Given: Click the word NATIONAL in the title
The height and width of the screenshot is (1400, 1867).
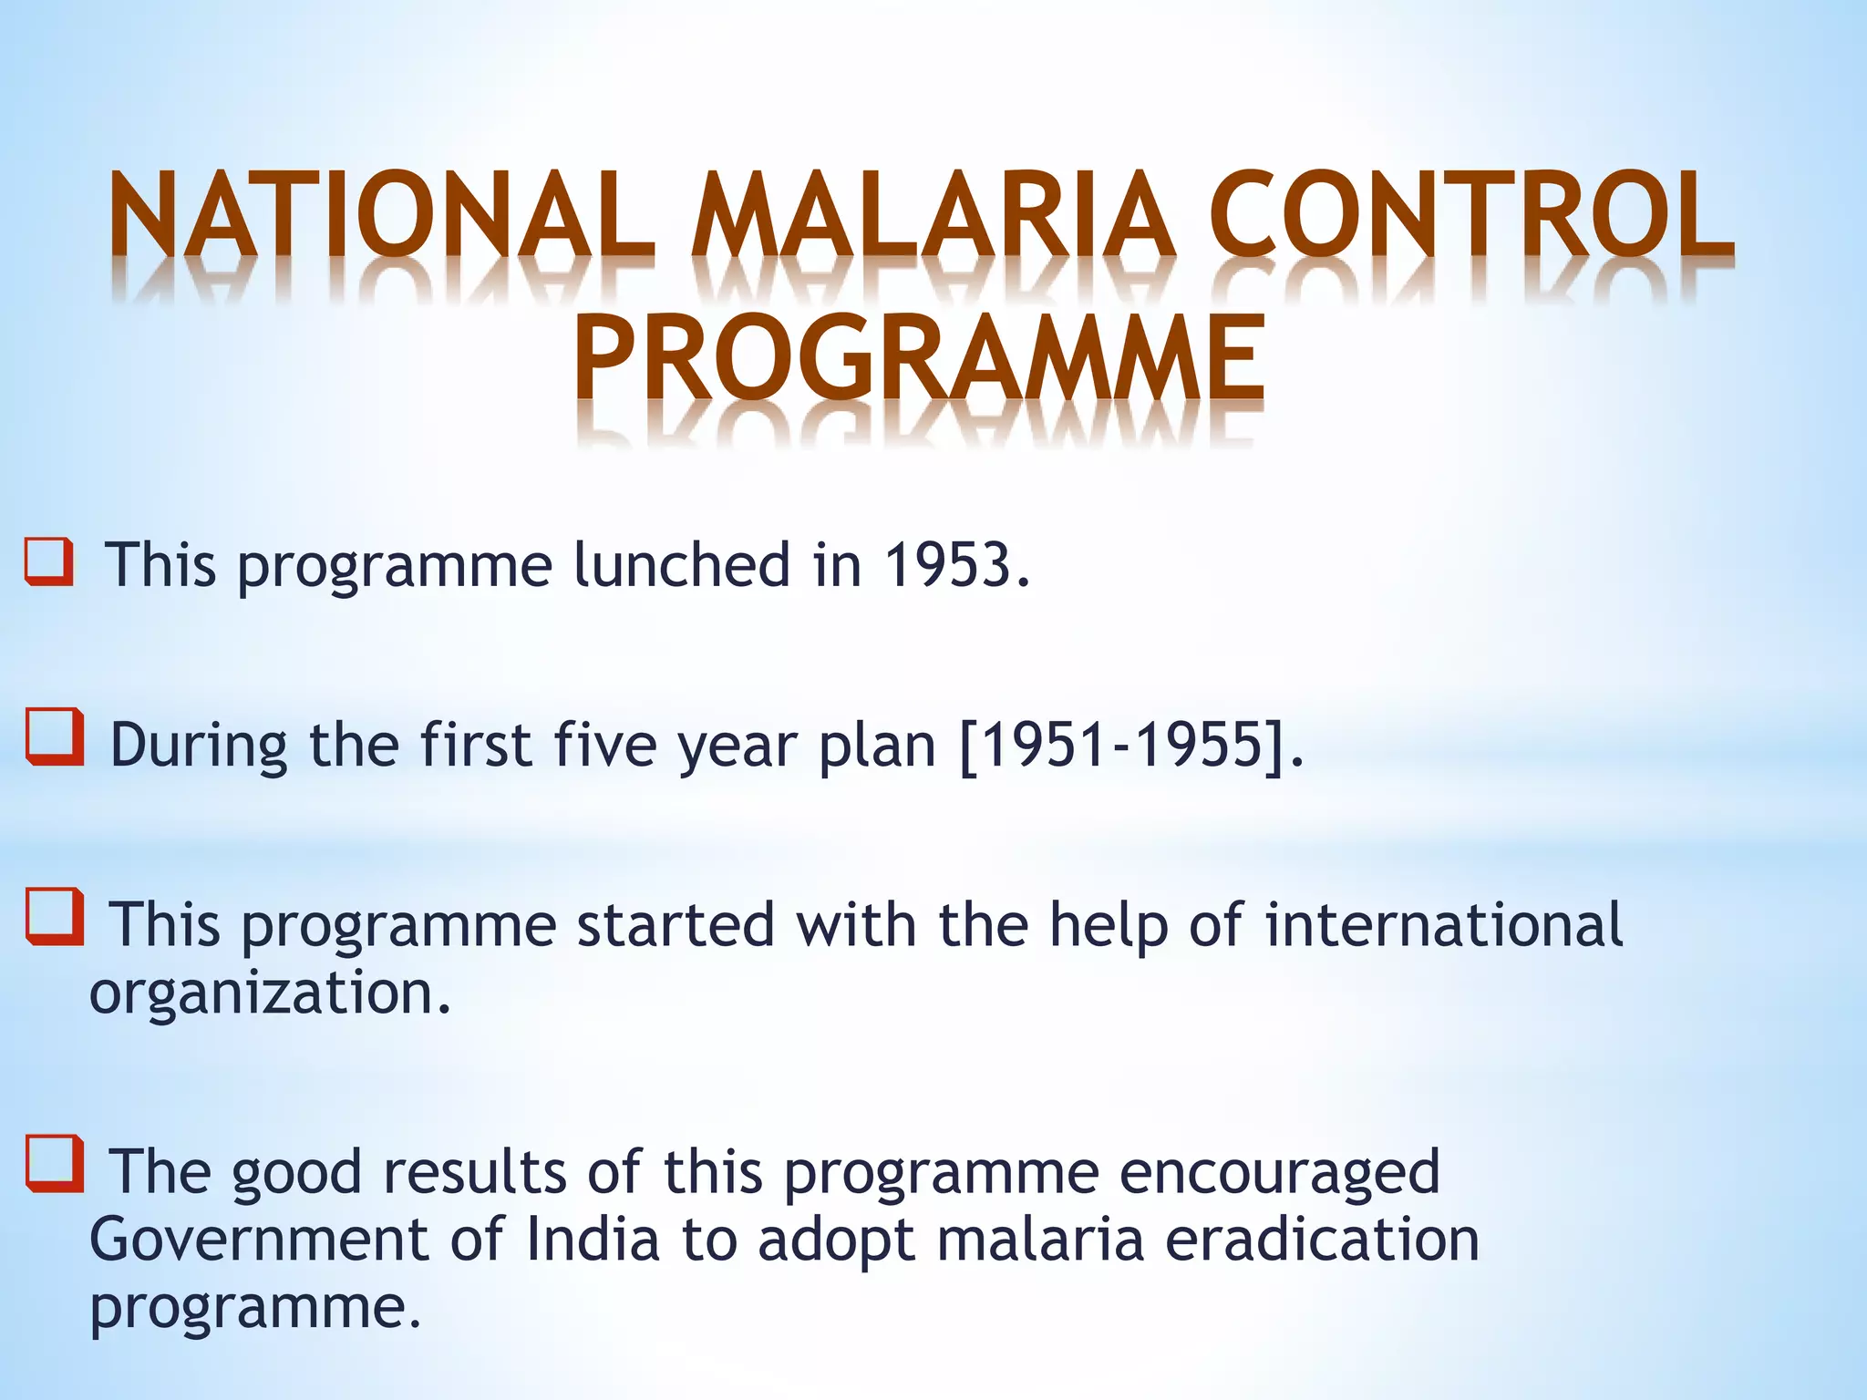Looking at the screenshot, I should click(x=381, y=215).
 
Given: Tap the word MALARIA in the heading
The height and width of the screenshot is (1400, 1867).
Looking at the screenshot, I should click(x=930, y=215).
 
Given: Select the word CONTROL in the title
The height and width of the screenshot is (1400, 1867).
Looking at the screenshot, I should click(x=1470, y=215).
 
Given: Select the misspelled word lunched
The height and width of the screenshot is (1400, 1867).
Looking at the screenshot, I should click(x=681, y=564).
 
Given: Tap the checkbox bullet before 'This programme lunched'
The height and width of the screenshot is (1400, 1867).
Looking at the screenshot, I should click(x=49, y=561).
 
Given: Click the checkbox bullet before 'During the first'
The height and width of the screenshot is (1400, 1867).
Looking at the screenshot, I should click(x=55, y=737).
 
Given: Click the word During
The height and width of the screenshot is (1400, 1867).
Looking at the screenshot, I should click(x=199, y=745).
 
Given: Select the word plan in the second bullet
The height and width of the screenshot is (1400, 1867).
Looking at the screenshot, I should click(x=877, y=746).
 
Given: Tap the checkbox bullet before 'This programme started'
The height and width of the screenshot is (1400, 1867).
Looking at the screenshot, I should click(x=55, y=917).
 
